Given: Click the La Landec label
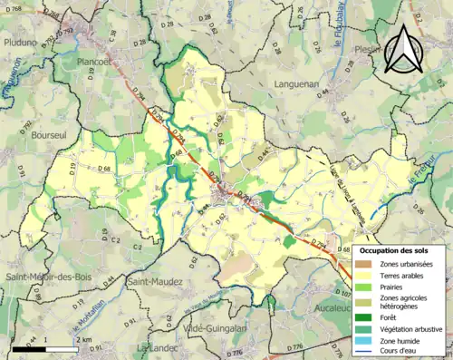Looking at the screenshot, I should (x=154, y=347).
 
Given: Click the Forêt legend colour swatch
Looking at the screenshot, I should (x=365, y=316).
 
